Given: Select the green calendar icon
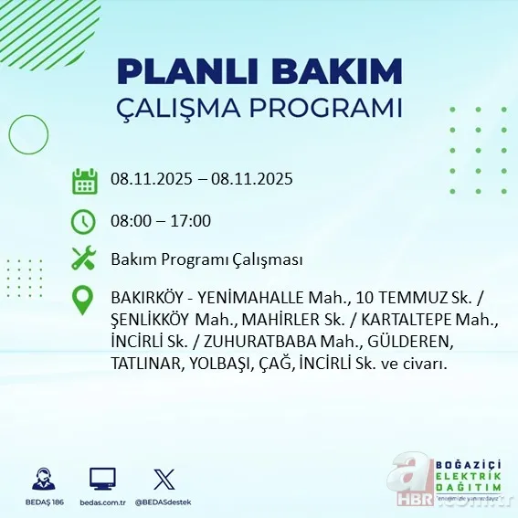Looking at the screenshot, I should (84, 180).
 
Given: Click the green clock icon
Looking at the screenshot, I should (84, 220).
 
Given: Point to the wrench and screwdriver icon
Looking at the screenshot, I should (84, 259).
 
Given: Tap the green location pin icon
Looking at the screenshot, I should (84, 300).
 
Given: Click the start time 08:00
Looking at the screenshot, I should (131, 220).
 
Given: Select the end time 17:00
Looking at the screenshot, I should (191, 220).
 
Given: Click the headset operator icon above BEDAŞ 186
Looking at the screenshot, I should (42, 478).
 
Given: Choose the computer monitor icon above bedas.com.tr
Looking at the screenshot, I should (102, 478).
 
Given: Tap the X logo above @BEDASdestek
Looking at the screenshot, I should (163, 478).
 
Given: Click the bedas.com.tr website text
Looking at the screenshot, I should (102, 502).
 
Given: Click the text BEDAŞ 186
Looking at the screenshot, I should (42, 502).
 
